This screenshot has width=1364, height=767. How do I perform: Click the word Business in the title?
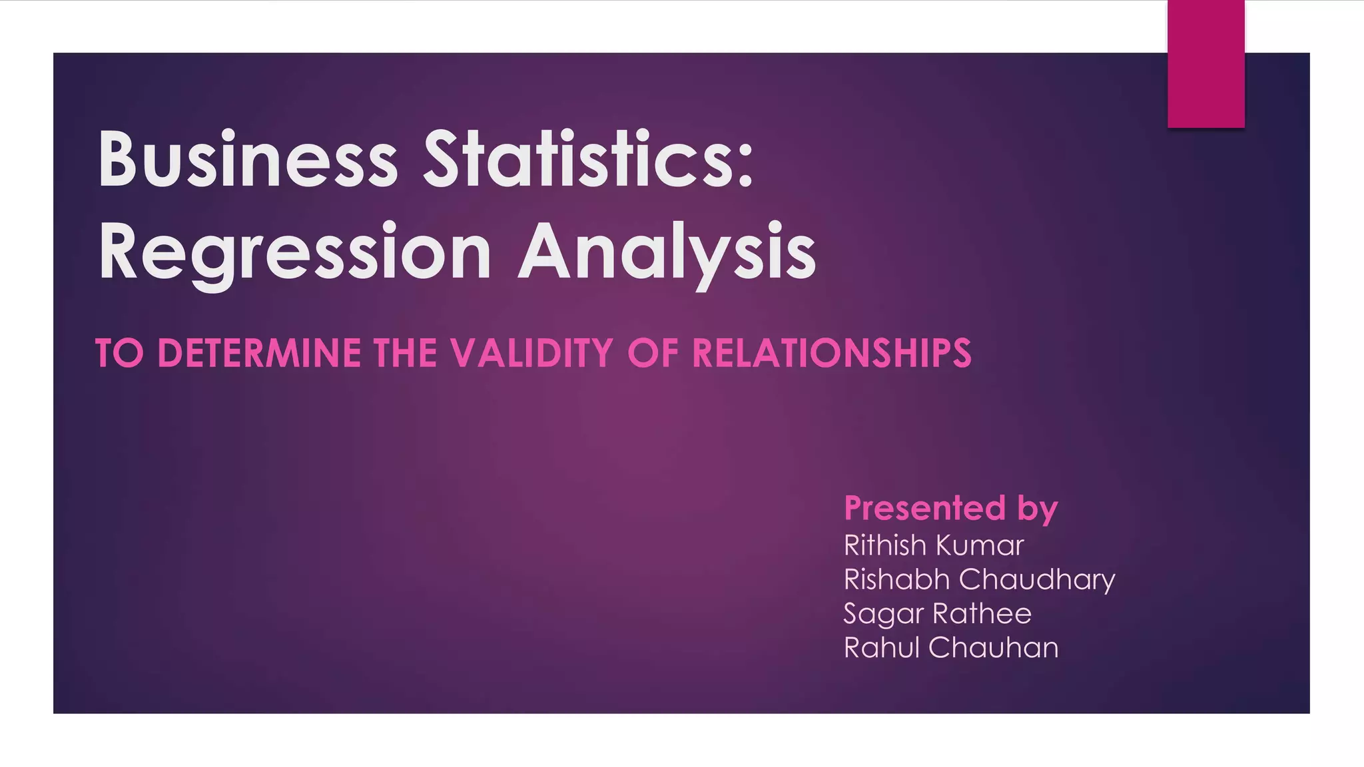tap(248, 160)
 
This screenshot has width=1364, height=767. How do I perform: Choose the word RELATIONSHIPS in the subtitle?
tap(832, 353)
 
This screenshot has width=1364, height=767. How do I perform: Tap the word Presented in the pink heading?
tap(924, 508)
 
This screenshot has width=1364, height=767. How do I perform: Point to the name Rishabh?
tap(896, 579)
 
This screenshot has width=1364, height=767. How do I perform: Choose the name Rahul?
tap(880, 648)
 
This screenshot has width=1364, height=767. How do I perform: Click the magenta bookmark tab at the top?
tap(1205, 64)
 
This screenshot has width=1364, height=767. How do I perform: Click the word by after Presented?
tap(1037, 509)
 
